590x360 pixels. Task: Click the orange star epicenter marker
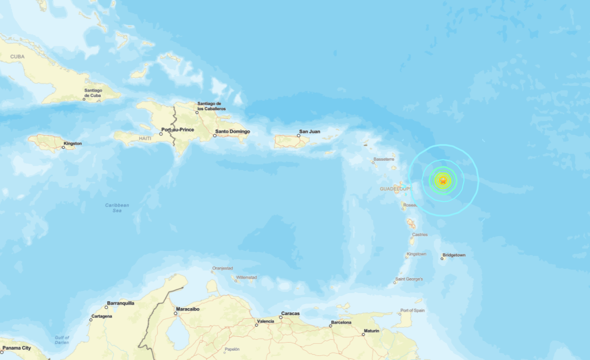442,181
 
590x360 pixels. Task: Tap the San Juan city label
309,131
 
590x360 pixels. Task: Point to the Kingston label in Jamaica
73,143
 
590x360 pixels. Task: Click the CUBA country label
17,56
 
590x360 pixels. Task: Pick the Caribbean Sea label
117,208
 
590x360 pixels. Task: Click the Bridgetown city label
454,255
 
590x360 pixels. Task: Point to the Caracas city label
290,314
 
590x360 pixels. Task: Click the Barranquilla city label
120,303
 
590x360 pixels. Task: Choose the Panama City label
17,348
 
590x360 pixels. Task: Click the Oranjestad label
222,268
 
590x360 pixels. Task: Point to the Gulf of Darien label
62,340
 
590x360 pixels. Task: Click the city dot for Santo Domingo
215,136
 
